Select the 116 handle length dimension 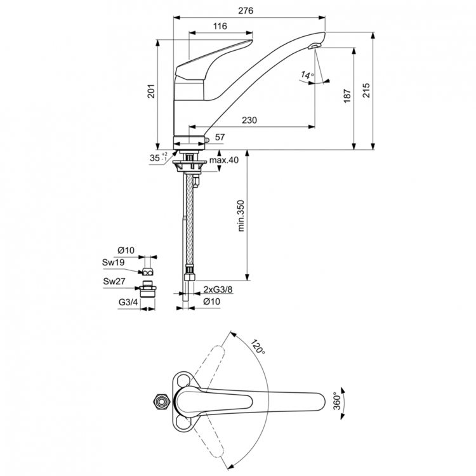coord(220,26)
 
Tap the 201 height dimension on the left coord(150,93)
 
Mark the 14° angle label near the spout coord(308,76)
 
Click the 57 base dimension coord(220,137)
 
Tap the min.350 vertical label coord(241,217)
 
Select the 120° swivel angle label coord(257,346)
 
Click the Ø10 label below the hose coord(210,302)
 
